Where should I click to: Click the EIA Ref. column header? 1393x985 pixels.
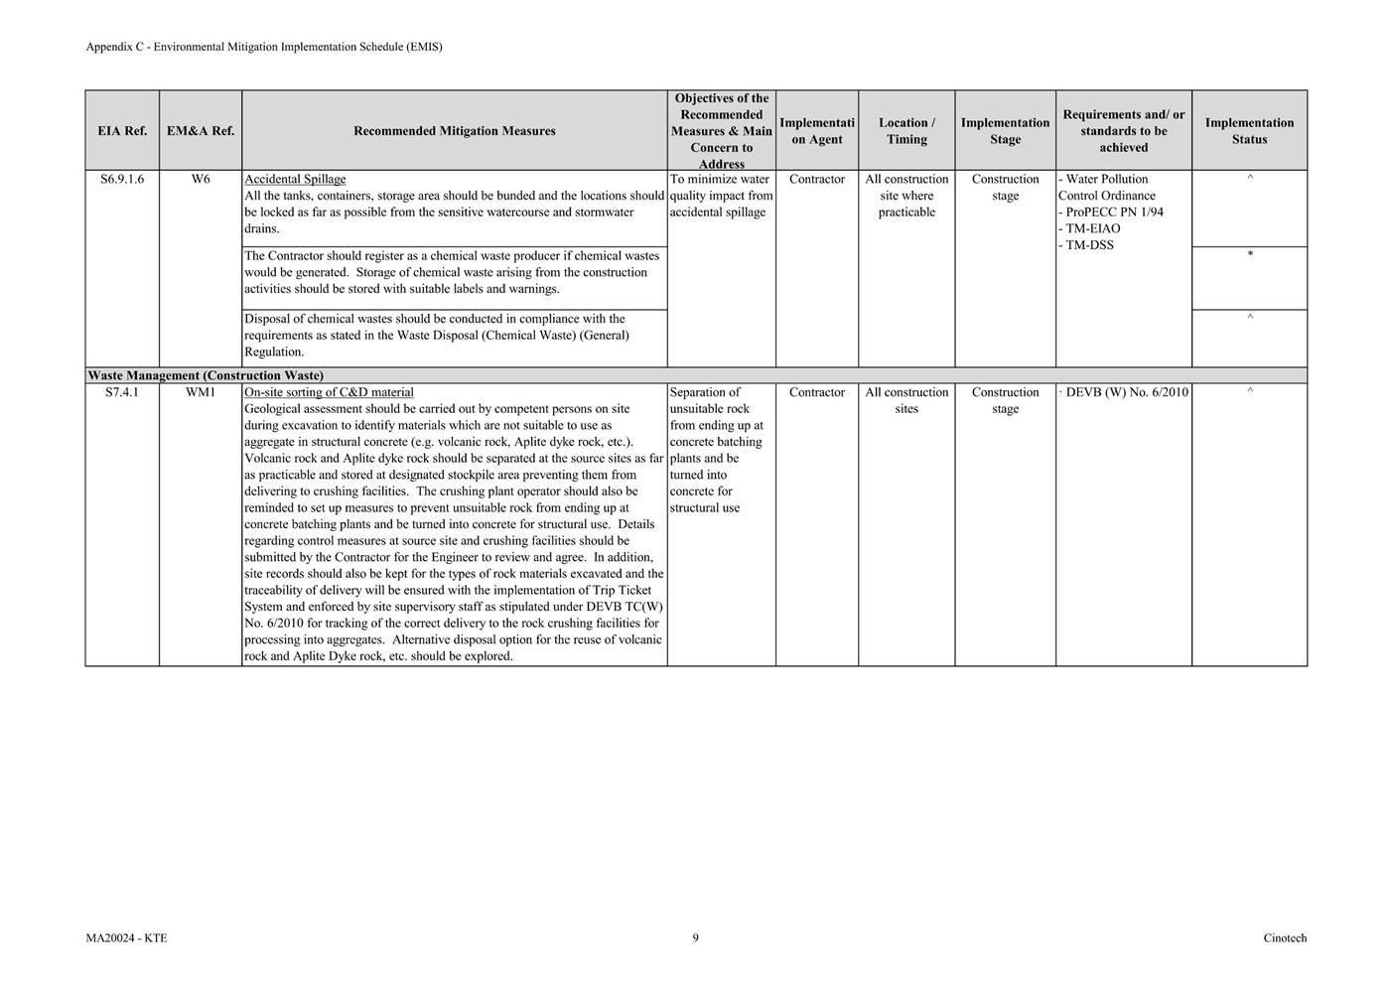(x=122, y=131)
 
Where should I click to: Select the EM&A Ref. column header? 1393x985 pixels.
(x=201, y=131)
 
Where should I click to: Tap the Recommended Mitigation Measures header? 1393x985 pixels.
(x=454, y=131)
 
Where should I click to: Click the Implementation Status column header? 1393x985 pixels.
(x=1249, y=131)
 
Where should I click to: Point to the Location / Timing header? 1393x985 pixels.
(x=906, y=131)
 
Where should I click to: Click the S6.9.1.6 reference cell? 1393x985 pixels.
(x=122, y=180)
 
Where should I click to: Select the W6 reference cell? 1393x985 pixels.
(x=201, y=180)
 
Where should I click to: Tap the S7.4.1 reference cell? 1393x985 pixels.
(x=122, y=393)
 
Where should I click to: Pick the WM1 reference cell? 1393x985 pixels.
(x=201, y=393)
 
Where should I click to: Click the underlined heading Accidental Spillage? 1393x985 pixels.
(x=295, y=180)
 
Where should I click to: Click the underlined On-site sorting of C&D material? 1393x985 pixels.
(x=329, y=393)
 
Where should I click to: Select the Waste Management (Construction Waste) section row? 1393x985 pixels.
(x=206, y=376)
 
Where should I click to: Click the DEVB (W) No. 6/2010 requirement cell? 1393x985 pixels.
(x=1126, y=393)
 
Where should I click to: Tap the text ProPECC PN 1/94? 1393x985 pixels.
(x=1113, y=212)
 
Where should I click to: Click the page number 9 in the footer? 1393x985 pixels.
(x=696, y=938)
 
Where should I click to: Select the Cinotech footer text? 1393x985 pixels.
(x=1285, y=938)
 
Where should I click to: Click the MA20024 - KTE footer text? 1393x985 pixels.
(x=126, y=938)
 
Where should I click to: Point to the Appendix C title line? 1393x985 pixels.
(x=264, y=47)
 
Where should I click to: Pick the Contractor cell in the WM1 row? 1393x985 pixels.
(x=817, y=393)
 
